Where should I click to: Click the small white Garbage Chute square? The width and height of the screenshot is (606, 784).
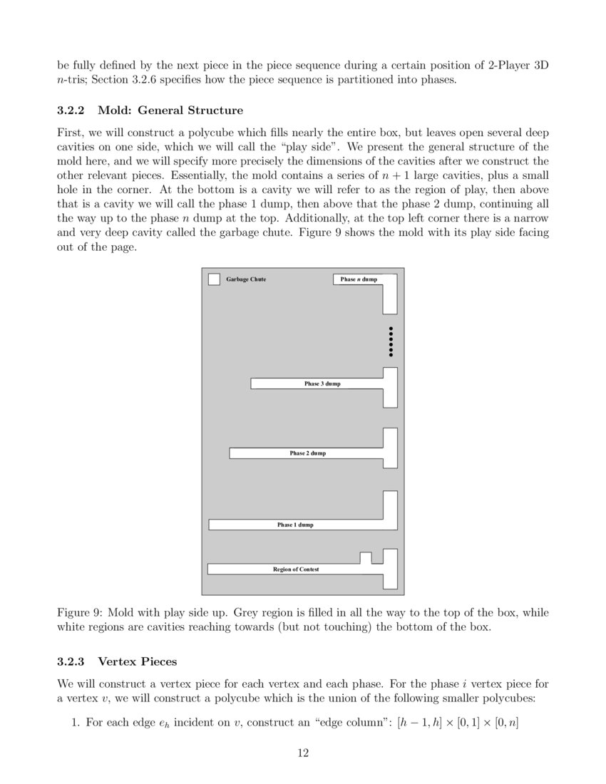click(x=214, y=279)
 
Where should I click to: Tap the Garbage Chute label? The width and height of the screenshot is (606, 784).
click(x=246, y=279)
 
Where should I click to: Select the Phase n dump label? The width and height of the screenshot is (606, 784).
click(x=359, y=279)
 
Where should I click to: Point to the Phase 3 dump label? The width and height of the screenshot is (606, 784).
click(x=322, y=384)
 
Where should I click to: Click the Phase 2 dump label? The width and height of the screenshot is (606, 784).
click(x=307, y=453)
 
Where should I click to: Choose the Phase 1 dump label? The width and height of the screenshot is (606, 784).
click(x=295, y=525)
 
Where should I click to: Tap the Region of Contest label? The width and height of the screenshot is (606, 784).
click(x=296, y=569)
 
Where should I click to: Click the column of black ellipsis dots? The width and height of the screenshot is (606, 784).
click(x=391, y=342)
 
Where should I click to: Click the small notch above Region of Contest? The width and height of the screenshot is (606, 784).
click(x=366, y=557)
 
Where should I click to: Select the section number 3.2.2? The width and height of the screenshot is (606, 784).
click(x=71, y=110)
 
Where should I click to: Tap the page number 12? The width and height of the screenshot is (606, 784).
click(x=303, y=752)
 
